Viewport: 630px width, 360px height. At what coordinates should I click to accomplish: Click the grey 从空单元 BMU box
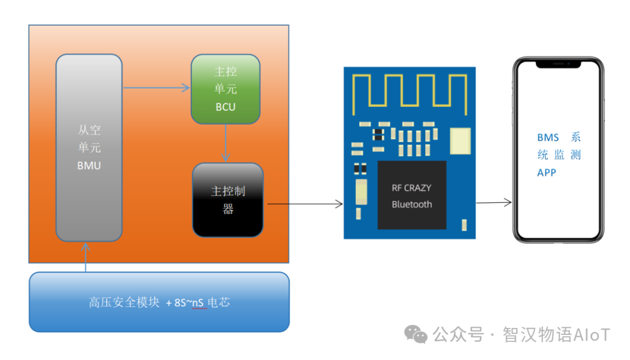(x=89, y=148)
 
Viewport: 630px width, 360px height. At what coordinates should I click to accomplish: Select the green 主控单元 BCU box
(x=226, y=89)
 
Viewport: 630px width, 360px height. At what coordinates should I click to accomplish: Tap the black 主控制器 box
(x=228, y=200)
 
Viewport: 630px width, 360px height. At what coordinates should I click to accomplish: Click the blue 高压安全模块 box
(x=159, y=302)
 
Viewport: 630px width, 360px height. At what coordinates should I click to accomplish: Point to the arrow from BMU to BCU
(x=157, y=88)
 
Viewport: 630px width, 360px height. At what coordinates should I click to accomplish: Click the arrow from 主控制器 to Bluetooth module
(x=304, y=204)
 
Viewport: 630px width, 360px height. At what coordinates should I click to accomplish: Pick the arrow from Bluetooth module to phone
(x=494, y=203)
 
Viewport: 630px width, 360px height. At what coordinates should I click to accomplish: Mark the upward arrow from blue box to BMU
(x=86, y=257)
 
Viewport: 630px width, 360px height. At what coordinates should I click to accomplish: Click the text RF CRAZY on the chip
(x=411, y=188)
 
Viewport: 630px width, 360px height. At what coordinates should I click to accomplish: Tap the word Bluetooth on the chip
(x=411, y=204)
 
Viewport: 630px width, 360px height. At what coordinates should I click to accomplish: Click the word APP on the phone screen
(x=547, y=173)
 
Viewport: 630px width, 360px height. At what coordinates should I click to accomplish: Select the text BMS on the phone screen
(x=548, y=138)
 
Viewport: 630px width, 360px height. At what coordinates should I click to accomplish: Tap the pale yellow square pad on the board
(x=460, y=141)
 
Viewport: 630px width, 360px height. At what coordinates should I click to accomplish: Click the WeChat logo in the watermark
(x=416, y=334)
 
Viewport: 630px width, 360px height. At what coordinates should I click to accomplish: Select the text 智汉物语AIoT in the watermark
(x=556, y=335)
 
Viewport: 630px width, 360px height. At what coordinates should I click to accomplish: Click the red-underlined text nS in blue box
(x=199, y=303)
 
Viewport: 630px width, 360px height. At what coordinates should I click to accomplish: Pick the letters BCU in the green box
(x=226, y=107)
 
